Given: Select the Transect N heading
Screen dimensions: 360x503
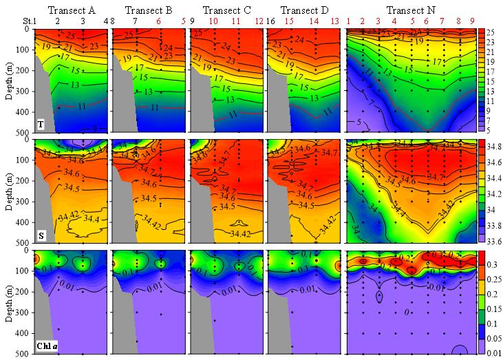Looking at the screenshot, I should point(409,10).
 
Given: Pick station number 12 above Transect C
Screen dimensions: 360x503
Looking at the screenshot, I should point(259,21).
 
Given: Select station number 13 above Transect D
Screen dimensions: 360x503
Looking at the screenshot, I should point(335,21).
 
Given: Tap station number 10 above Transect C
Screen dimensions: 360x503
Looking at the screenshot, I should point(214,21).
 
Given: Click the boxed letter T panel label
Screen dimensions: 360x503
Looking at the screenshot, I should point(41,125).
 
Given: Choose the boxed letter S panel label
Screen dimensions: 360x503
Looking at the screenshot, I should point(41,235).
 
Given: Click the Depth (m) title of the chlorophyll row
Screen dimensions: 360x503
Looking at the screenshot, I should point(8,302).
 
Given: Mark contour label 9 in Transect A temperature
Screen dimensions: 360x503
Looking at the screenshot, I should point(94,129).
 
